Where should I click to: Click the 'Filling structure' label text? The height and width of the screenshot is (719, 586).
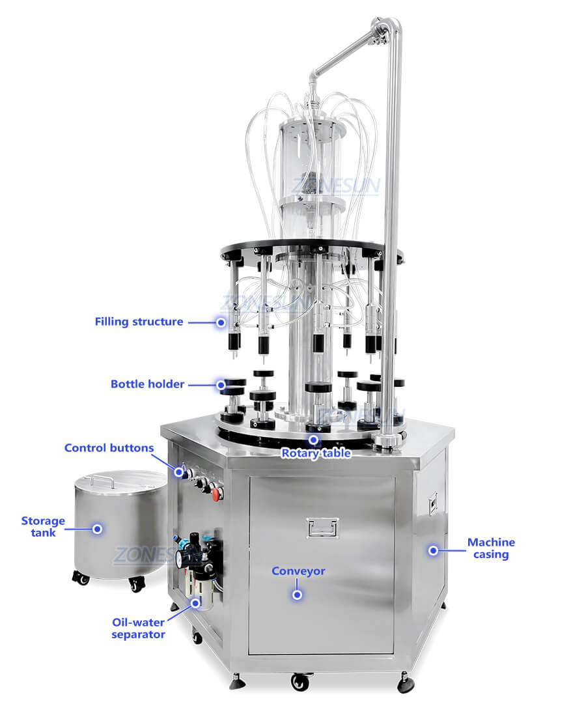coord(139,322)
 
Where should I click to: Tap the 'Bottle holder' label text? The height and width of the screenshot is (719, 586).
coord(147,384)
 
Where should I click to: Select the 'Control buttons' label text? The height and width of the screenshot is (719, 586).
coord(109,448)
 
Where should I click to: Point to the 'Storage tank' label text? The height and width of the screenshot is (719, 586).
coord(43,527)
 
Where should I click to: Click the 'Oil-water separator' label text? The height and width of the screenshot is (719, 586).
coord(138,628)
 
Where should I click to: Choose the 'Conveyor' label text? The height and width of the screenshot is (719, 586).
coord(298,571)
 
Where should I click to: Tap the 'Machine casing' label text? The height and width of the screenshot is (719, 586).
coord(491,548)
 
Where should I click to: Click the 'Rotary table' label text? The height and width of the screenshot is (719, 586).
coord(316,453)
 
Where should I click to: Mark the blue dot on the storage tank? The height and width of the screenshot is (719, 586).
coord(97,529)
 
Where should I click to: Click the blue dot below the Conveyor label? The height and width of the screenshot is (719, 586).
coord(297,595)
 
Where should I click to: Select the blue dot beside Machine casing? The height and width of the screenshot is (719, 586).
coord(433,550)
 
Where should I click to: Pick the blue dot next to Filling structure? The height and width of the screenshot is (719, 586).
coord(221,322)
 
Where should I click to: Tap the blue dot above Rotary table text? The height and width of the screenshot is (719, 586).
coord(314,440)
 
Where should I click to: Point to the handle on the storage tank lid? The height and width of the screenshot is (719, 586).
coord(102,479)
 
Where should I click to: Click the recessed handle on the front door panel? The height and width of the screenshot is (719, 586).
coord(322,528)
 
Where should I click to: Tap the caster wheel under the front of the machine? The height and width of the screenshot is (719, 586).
coord(300,681)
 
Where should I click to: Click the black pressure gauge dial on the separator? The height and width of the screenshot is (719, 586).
coord(184,556)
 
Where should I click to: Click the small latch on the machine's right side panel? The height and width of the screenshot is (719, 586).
coord(432,503)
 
